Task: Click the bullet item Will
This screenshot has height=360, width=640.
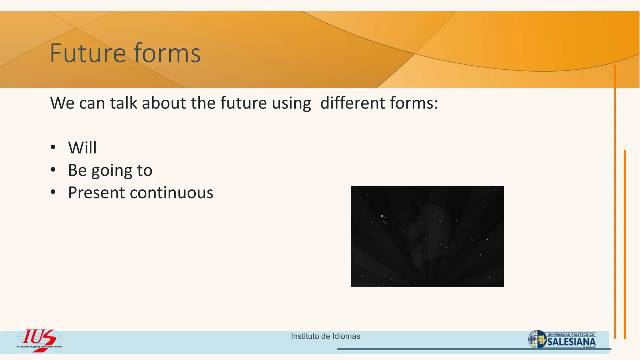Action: [82, 147]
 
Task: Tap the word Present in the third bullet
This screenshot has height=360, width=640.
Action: [96, 192]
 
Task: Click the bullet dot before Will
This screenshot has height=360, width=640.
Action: [53, 147]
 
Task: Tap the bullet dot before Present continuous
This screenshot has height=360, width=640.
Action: [53, 192]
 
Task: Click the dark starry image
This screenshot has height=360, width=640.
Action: [427, 236]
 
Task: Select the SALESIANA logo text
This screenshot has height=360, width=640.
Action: [572, 342]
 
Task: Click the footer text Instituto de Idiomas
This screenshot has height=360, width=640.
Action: [325, 336]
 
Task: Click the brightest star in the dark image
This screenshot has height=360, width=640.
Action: [382, 216]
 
